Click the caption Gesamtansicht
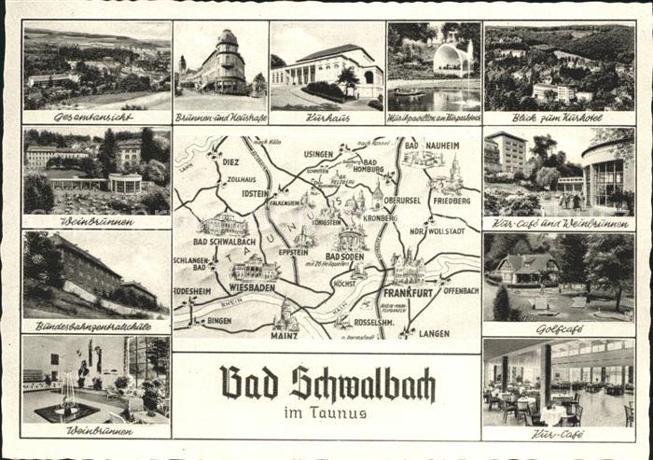click(x=95, y=118)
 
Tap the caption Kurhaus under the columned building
click(x=326, y=118)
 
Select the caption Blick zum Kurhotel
click(x=558, y=118)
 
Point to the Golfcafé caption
click(x=559, y=330)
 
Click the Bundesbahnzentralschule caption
click(x=95, y=327)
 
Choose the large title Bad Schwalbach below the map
click(x=327, y=383)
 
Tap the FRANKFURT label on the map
click(x=408, y=292)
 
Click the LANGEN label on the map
click(x=434, y=333)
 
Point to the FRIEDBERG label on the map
click(x=452, y=200)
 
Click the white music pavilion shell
click(x=452, y=61)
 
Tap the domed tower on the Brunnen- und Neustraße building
click(x=227, y=39)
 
